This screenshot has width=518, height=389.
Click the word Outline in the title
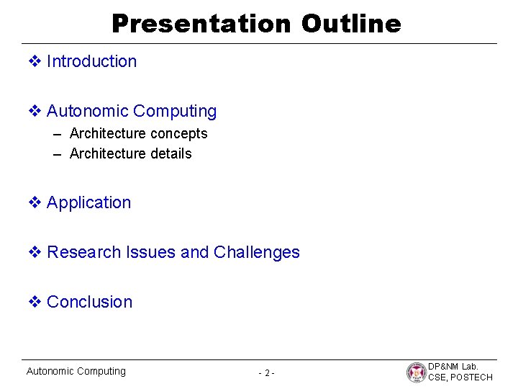coord(351,24)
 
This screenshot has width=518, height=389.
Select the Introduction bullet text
coord(91,62)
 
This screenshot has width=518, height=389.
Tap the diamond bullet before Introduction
coord(35,62)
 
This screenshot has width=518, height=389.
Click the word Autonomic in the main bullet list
coord(87,112)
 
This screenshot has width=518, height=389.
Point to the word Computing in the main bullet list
coord(175,112)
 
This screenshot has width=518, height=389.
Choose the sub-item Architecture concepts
coord(138,134)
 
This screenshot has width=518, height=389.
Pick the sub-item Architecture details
coord(130,154)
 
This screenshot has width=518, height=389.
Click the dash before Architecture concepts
coord(58,134)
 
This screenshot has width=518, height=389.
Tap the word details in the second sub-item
coord(171,154)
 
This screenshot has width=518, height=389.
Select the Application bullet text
coord(88,203)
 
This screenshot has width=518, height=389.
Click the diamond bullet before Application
coord(35,203)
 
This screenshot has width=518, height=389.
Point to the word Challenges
coord(257,253)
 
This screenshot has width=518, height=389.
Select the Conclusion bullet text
coord(89,303)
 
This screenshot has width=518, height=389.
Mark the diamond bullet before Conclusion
coord(35,303)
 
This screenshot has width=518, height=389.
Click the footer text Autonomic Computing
coord(76,372)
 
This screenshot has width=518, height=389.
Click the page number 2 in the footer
coord(266,373)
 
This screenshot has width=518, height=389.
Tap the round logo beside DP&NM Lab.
coord(417,372)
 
